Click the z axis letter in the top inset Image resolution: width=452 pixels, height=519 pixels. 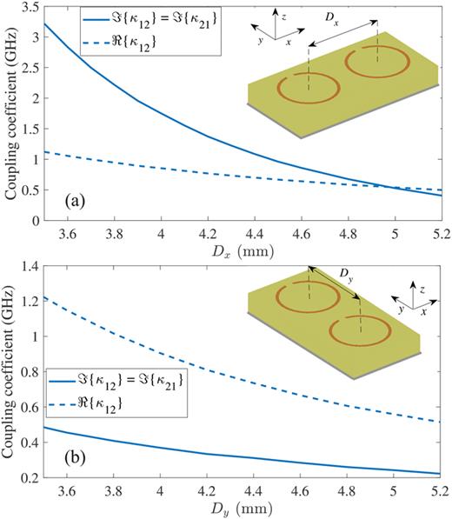(x=298, y=15)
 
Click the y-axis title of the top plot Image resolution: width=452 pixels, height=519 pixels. (x=10, y=122)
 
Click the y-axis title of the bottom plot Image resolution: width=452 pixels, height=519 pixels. (x=10, y=374)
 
